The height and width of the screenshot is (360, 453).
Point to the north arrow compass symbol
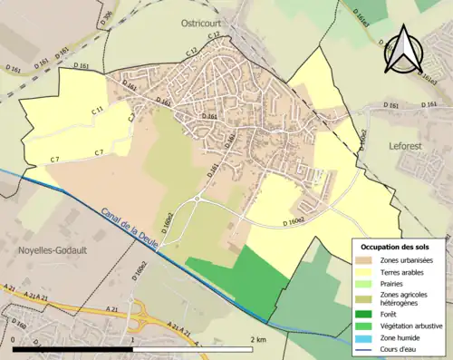(401, 50)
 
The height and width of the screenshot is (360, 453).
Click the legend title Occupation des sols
(400, 247)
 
